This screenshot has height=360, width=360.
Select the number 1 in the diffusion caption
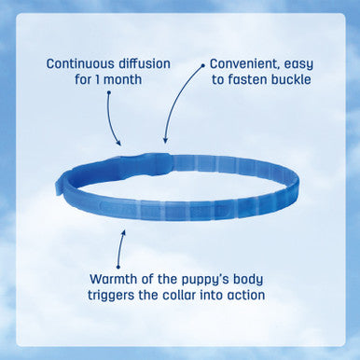click(x=108, y=81)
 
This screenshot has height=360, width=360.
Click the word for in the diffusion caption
click(x=90, y=81)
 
